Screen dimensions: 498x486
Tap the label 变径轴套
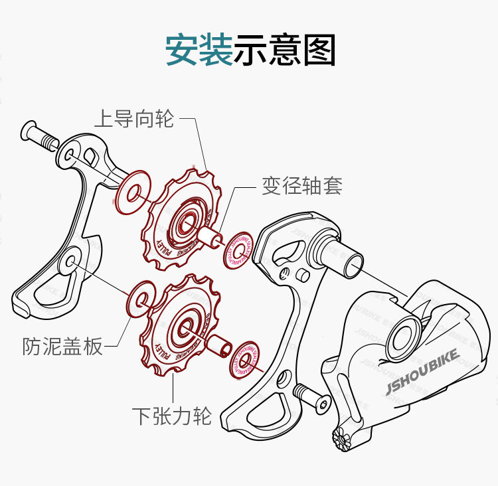[x=301, y=186]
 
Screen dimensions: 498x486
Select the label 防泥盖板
[x=63, y=346]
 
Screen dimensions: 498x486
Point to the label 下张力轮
[x=171, y=416]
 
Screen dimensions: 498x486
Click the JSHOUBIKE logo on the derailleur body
[x=421, y=375]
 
